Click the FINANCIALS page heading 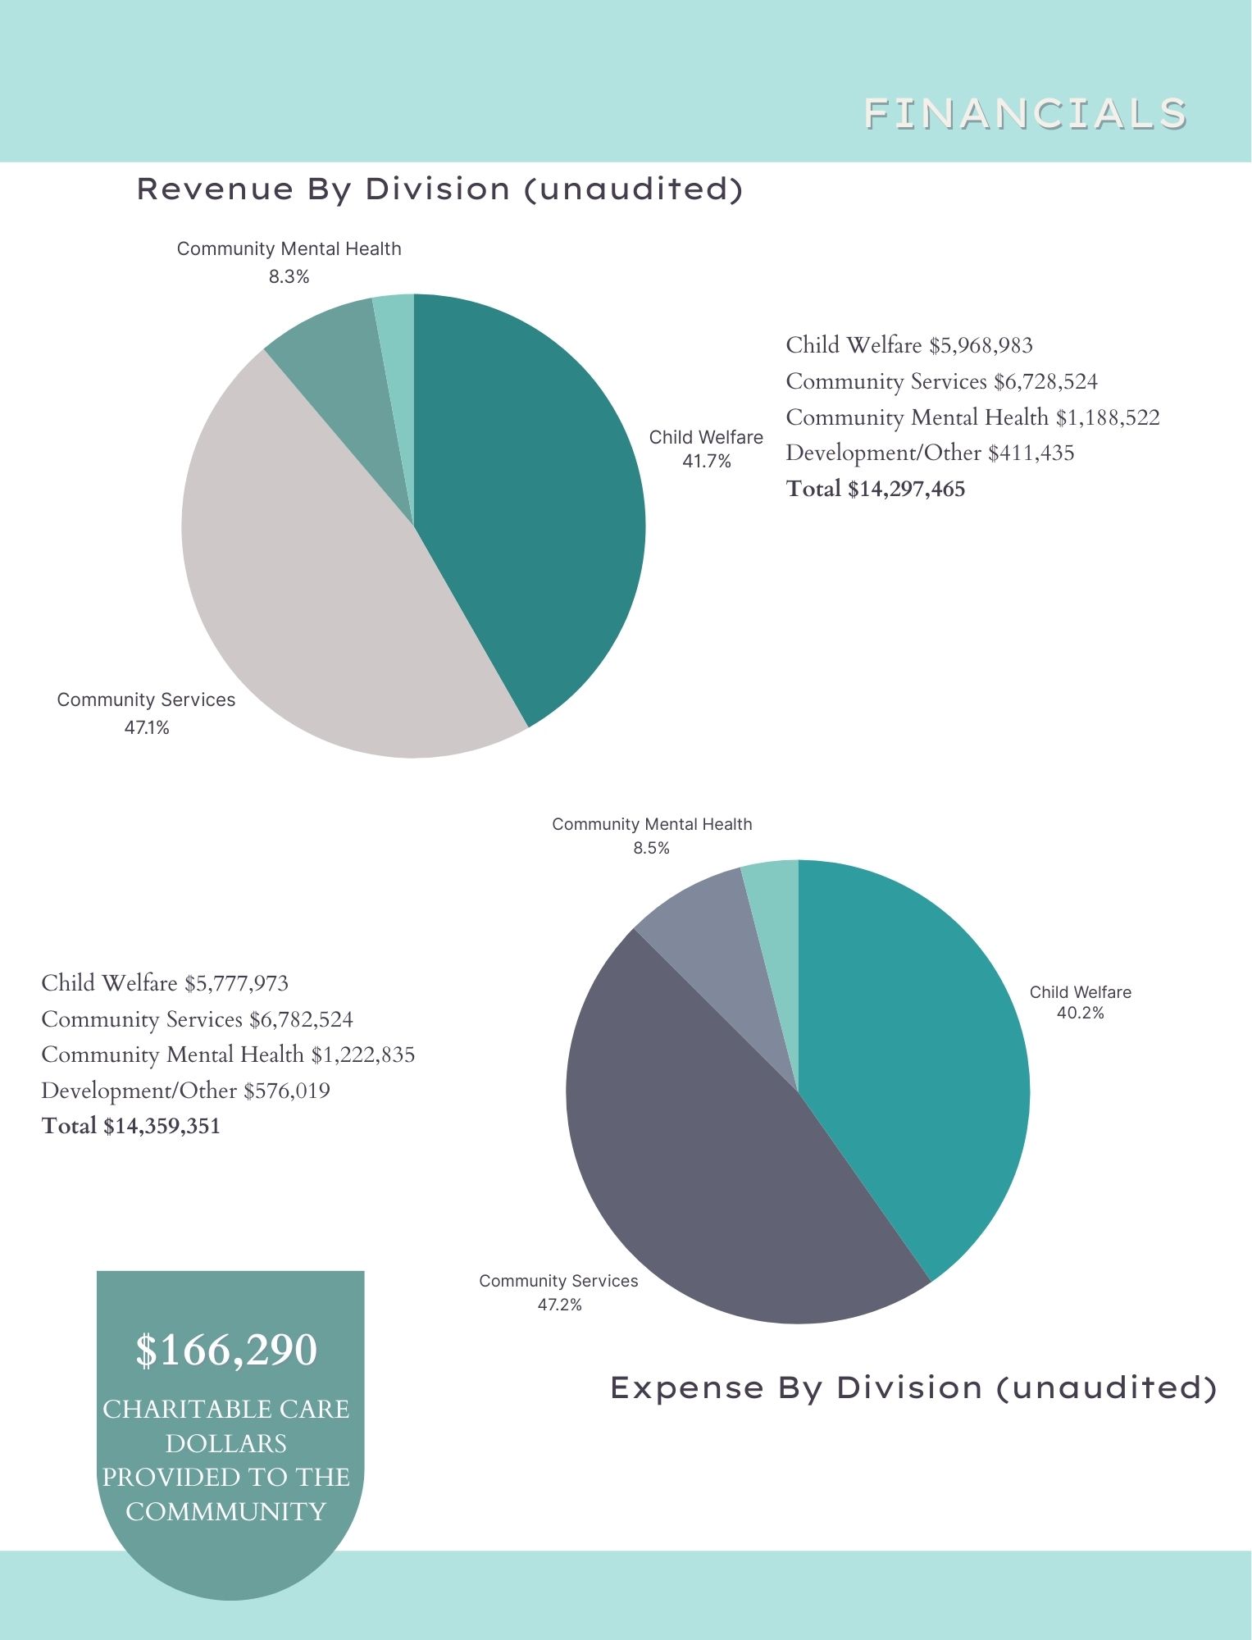(x=1025, y=113)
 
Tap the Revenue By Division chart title (x=439, y=189)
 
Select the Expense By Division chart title (x=913, y=1387)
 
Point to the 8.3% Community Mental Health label (x=289, y=277)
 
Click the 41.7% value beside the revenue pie (x=706, y=462)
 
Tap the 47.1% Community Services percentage (x=147, y=727)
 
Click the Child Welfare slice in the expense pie (x=910, y=1066)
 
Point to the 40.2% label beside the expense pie (x=1080, y=1014)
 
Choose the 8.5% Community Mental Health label (x=651, y=848)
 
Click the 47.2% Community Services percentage (x=559, y=1305)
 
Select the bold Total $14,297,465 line (x=875, y=490)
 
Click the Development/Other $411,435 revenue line (x=929, y=453)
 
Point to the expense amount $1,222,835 (x=362, y=1055)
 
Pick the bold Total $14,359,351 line (x=131, y=1126)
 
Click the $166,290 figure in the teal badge (x=226, y=1350)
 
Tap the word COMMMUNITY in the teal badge (x=226, y=1511)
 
